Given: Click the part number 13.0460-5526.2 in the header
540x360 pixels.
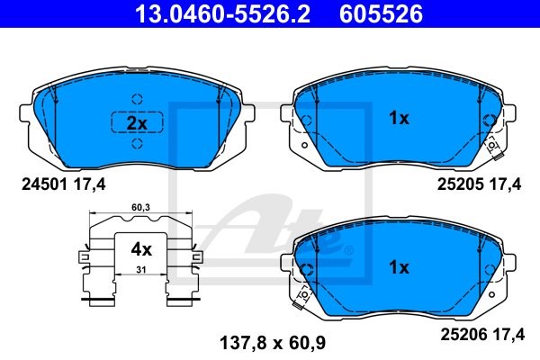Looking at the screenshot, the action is [x=222, y=13].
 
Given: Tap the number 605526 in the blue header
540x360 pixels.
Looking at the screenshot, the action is [x=381, y=13].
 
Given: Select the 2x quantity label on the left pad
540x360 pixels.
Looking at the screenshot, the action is [x=137, y=123].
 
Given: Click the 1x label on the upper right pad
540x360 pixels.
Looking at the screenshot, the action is [x=399, y=118].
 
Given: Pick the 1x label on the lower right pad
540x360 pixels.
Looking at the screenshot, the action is [x=399, y=267].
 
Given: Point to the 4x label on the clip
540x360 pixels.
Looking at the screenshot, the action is [x=141, y=249].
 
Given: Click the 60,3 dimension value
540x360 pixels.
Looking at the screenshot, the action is [x=140, y=207].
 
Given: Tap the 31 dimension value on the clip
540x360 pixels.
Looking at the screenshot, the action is [x=141, y=270].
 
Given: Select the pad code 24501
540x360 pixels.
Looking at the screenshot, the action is [x=44, y=184].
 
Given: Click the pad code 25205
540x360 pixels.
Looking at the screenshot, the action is [x=460, y=184].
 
